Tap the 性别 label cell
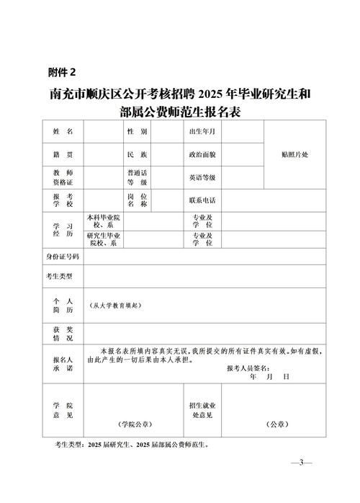click(x=137, y=132)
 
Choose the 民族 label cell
click(x=137, y=155)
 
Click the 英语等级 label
click(x=202, y=177)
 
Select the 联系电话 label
click(x=202, y=200)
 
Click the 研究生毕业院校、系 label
click(x=104, y=239)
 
